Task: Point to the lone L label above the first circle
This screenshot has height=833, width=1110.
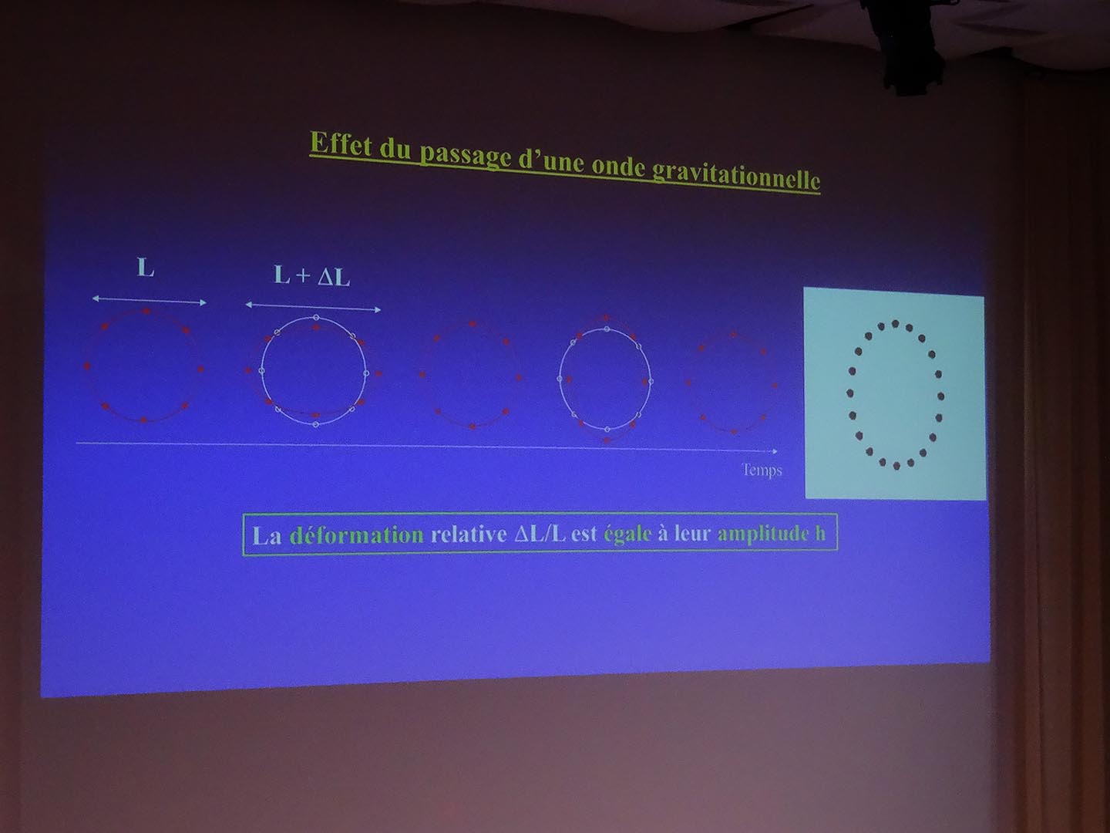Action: point(146,268)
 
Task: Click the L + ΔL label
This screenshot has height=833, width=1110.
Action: point(312,277)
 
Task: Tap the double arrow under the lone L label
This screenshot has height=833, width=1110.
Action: point(150,301)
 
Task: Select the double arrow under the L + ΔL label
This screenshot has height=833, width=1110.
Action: point(313,307)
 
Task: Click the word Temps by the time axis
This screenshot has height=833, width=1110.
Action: point(762,470)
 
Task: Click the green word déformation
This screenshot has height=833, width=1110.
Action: point(357,535)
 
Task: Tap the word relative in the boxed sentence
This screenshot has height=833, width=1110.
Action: point(468,535)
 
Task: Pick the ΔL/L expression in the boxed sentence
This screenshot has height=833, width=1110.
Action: point(540,535)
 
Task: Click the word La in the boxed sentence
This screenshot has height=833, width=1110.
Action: point(267,535)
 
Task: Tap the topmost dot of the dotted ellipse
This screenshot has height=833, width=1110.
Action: point(895,324)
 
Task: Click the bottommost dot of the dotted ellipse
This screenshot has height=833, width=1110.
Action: point(896,466)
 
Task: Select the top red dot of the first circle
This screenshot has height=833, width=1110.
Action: point(146,312)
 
